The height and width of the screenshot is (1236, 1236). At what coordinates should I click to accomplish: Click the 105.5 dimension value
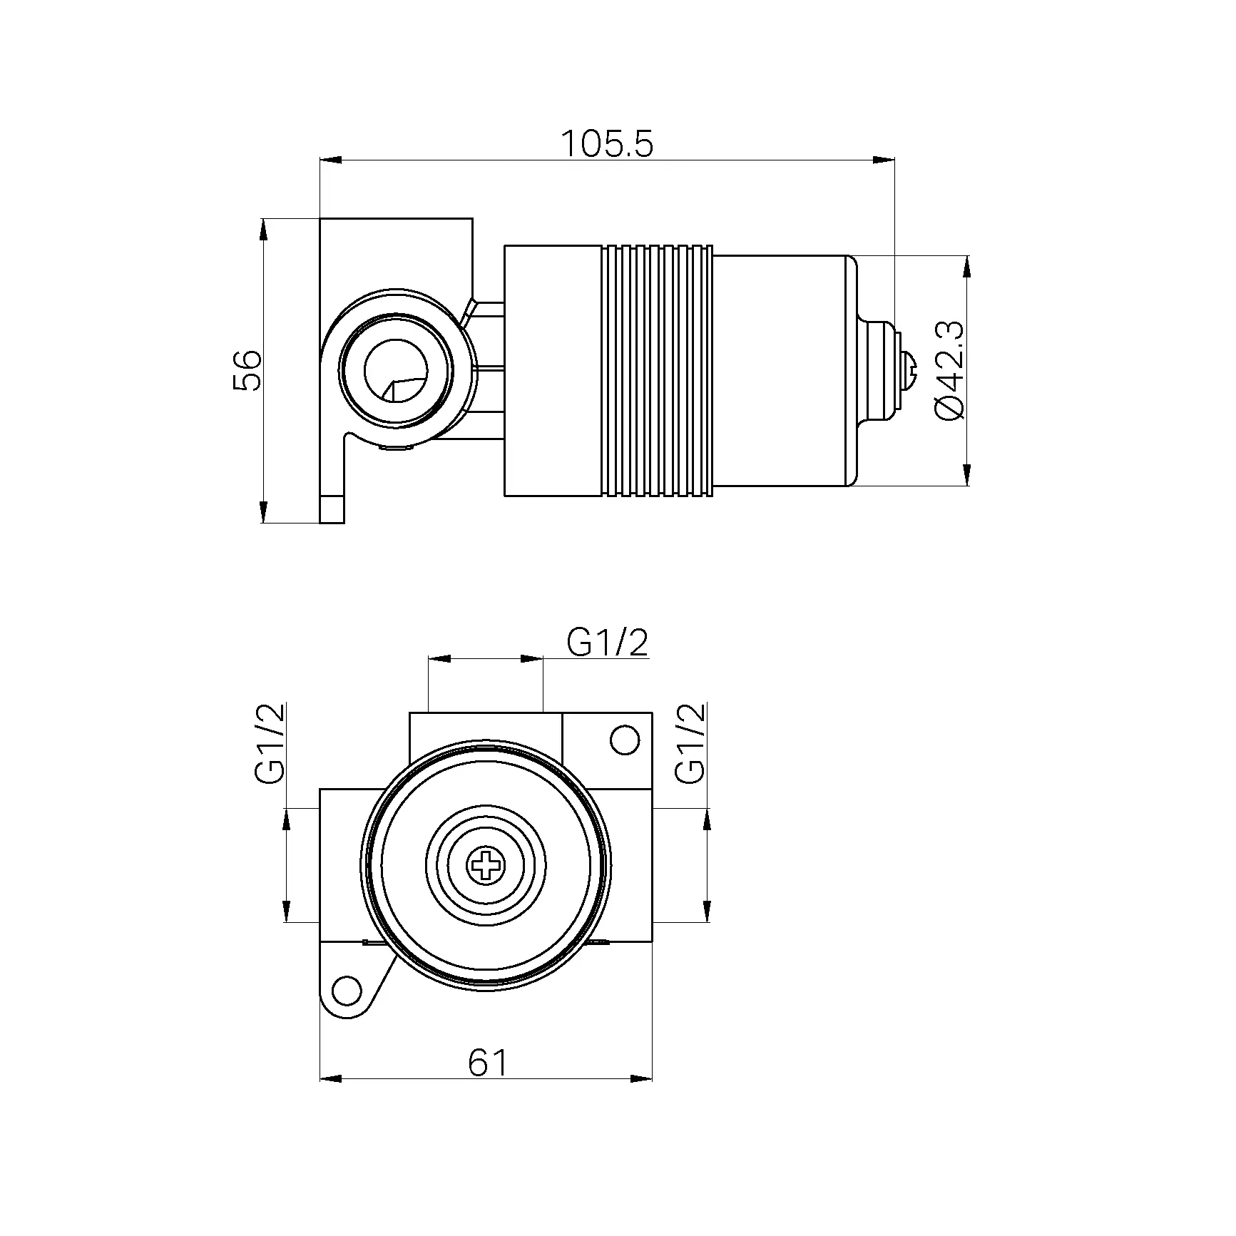tap(607, 144)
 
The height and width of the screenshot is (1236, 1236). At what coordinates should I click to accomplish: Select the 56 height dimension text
tap(247, 370)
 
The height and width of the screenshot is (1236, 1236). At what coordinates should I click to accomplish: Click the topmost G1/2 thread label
tap(608, 643)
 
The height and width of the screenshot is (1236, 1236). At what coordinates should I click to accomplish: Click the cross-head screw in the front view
tap(486, 867)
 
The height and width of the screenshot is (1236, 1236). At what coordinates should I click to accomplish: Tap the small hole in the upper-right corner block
tap(625, 740)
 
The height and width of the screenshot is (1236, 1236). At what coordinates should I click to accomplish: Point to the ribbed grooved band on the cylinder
tap(657, 370)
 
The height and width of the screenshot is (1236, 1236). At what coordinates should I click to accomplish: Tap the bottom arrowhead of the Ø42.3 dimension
tap(967, 474)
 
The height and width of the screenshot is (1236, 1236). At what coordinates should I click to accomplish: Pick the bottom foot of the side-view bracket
tap(332, 509)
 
